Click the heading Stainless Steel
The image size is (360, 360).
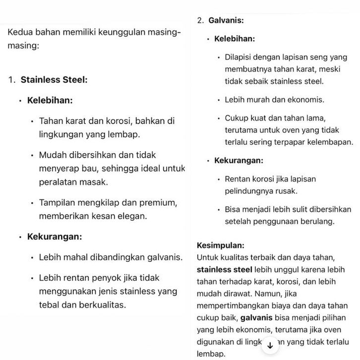click(54, 80)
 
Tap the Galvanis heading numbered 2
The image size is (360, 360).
click(226, 21)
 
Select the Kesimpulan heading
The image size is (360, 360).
click(220, 245)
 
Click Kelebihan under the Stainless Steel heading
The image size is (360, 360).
click(50, 100)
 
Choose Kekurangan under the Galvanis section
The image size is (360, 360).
click(239, 161)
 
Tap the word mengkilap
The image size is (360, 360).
click(97, 203)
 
